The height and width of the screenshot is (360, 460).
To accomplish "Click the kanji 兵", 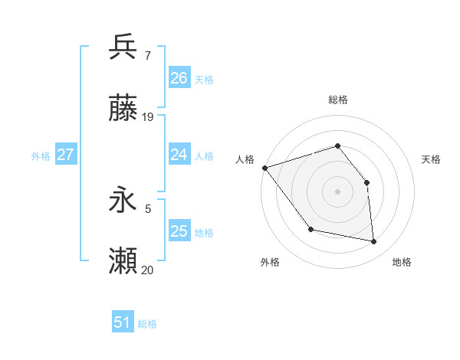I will [123, 47].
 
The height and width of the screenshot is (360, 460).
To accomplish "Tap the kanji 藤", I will [123, 109].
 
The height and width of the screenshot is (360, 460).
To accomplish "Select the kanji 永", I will [123, 200].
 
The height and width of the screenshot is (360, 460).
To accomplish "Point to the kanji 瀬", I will [123, 262].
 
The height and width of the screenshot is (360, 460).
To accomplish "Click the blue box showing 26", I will [179, 78].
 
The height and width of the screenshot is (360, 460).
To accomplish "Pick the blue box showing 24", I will [179, 155].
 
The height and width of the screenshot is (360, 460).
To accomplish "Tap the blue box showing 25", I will [179, 231].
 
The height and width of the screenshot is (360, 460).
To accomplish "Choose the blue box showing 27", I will [65, 155].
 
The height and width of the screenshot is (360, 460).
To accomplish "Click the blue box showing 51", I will [122, 322].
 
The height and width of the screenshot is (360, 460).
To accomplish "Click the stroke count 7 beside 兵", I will [147, 55].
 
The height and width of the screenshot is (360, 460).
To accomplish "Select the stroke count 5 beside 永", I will [147, 208].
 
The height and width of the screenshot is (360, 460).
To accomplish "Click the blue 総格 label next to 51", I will [148, 324].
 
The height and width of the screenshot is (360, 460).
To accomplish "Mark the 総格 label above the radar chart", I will [337, 100].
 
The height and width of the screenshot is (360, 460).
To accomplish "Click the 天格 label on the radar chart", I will [432, 159].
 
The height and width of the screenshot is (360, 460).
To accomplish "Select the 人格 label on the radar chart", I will [245, 159].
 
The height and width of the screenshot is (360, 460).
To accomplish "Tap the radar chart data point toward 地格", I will [373, 241].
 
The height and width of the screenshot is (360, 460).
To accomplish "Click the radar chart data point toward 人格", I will [264, 168].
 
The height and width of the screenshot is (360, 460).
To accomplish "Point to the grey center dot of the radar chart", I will [337, 191].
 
